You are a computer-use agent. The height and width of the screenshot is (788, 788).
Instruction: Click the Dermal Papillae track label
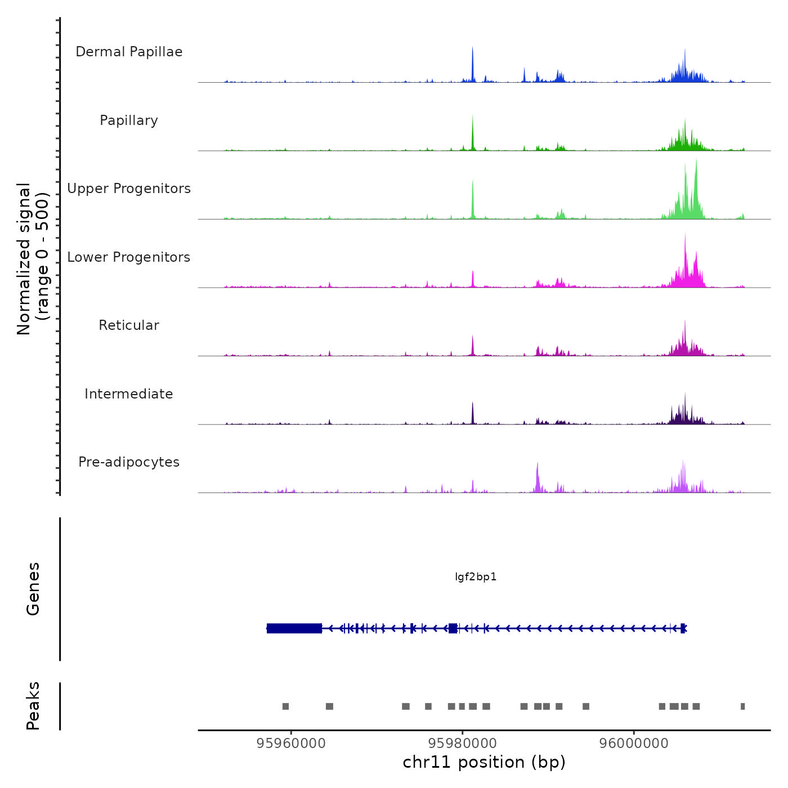tap(129, 52)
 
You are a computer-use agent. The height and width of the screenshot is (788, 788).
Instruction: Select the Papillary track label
tap(129, 120)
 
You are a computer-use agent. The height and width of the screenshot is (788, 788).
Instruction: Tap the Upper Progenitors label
tap(129, 189)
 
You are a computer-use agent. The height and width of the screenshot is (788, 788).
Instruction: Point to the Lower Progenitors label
tap(129, 257)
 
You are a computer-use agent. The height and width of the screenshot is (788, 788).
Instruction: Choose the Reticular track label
tap(129, 325)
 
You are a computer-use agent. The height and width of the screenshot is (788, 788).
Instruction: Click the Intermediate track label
tap(129, 394)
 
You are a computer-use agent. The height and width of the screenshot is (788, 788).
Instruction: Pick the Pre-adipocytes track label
tap(129, 462)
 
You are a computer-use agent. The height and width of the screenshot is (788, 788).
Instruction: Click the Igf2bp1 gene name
tap(476, 577)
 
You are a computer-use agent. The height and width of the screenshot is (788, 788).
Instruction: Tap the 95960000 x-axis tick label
tap(291, 744)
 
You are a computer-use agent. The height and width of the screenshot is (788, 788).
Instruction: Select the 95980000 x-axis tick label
tap(463, 744)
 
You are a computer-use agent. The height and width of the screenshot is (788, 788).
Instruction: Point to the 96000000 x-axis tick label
tap(634, 744)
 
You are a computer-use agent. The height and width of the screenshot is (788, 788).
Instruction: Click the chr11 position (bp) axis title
tap(484, 762)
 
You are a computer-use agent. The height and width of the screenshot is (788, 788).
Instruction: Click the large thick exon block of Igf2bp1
tap(294, 628)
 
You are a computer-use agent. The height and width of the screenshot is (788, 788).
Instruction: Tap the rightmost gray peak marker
tap(742, 706)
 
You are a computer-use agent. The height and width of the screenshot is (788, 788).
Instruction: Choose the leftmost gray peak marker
tap(285, 706)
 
